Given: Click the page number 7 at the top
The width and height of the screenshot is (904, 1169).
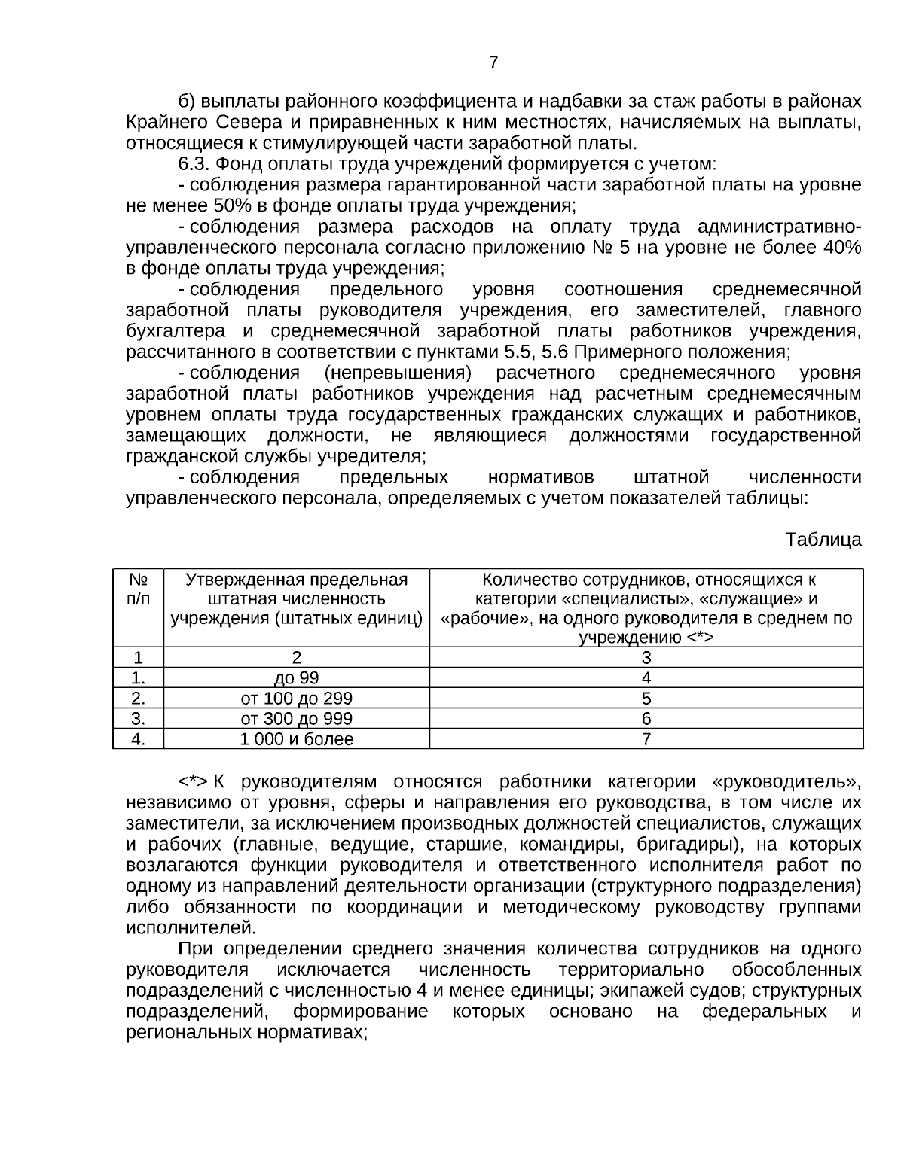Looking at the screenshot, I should point(493,62).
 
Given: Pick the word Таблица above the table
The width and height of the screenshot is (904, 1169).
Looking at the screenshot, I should point(823,540).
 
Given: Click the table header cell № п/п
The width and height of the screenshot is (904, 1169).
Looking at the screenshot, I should point(138,589).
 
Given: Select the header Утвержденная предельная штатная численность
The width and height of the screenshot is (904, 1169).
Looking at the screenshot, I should point(296,599).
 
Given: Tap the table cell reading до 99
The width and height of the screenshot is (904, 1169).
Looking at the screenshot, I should point(296,677).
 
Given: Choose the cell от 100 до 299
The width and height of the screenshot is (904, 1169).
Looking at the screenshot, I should point(296,698).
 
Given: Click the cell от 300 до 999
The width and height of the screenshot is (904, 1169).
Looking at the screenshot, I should point(296,718).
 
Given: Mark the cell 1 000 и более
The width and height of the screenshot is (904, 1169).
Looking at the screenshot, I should point(296,739).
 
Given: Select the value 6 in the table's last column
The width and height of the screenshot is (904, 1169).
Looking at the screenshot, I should point(646,718).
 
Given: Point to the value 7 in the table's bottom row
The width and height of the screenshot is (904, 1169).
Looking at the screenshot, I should point(646,739).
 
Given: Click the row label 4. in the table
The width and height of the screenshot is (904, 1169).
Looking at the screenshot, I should point(138,739).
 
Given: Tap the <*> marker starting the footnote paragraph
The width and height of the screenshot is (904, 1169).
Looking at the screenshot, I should point(193,781).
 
